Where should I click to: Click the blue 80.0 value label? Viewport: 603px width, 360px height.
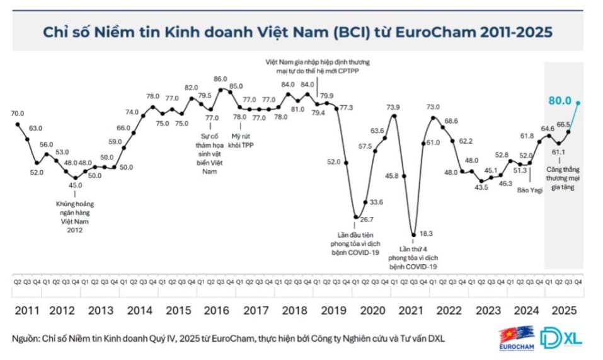[560, 100]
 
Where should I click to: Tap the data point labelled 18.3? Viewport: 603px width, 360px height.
[413, 235]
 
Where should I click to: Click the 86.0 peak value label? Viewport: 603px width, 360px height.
[220, 79]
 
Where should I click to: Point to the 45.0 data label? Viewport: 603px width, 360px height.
[76, 185]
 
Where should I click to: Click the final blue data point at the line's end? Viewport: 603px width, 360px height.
[578, 102]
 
